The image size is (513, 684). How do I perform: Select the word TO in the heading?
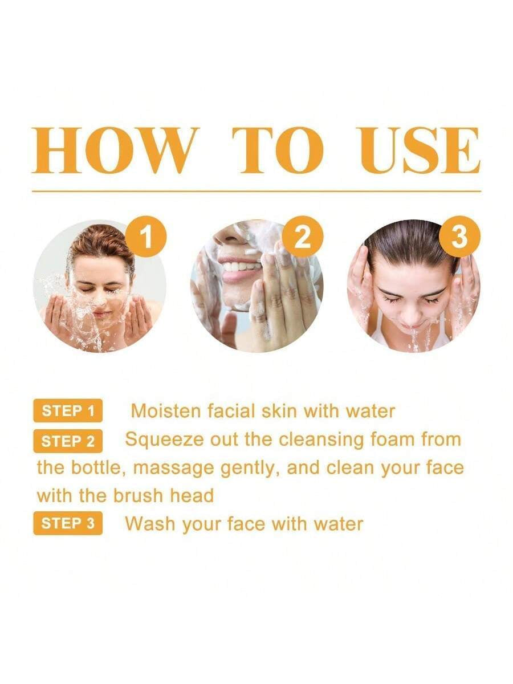pyautogui.click(x=278, y=150)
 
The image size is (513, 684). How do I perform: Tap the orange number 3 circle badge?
pyautogui.click(x=459, y=238)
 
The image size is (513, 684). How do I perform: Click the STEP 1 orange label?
pyautogui.click(x=68, y=411)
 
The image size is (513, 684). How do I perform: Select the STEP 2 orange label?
pyautogui.click(x=68, y=441)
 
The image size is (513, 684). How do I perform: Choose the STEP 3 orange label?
pyautogui.click(x=68, y=524)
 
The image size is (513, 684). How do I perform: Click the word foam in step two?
pyautogui.click(x=393, y=439)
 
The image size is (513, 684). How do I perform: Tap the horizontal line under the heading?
pyautogui.click(x=256, y=191)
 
